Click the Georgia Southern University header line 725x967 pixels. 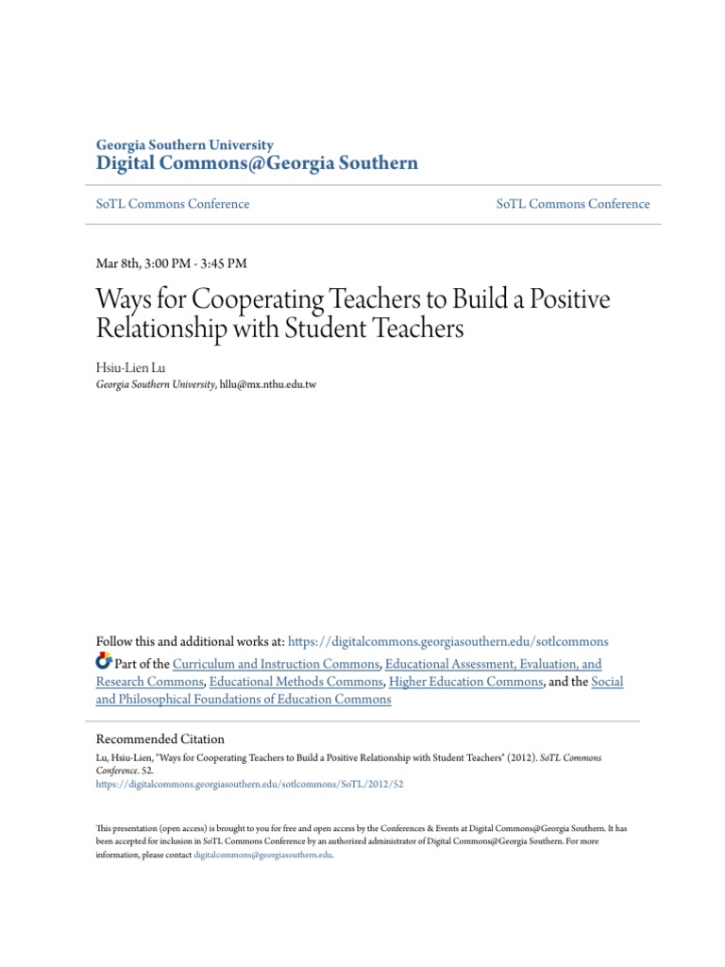pos(185,145)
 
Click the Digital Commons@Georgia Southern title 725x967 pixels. pos(257,164)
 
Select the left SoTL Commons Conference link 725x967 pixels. pos(173,204)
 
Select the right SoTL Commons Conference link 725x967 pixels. pos(573,204)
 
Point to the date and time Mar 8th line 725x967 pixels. pos(172,263)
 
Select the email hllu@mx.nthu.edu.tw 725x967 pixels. pos(269,384)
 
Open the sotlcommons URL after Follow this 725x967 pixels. pos(447,641)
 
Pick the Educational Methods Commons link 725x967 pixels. pos(295,682)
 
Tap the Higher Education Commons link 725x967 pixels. pos(465,682)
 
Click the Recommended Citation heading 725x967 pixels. pos(160,739)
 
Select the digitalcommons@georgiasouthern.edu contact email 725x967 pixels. pos(263,856)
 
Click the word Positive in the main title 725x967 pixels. pos(564,300)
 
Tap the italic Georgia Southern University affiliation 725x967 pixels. pos(156,384)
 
